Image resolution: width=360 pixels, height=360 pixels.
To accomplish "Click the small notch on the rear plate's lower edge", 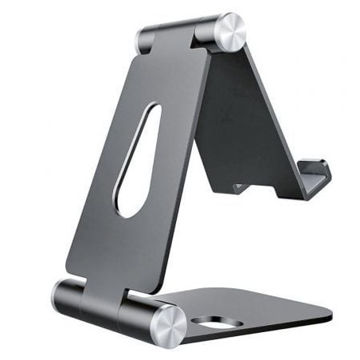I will [x=239, y=187].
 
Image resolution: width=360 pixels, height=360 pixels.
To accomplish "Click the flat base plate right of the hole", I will [x=271, y=315].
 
